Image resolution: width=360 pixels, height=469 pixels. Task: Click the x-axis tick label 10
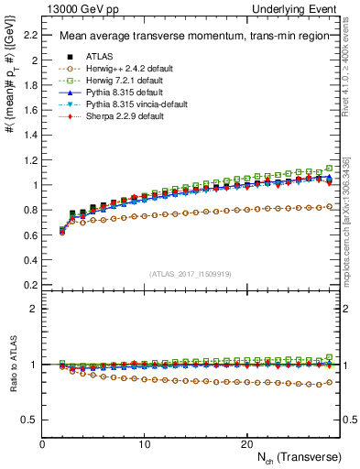pyautogui.click(x=145, y=444)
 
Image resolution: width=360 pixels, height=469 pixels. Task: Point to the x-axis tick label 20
pyautogui.click(x=246, y=444)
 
